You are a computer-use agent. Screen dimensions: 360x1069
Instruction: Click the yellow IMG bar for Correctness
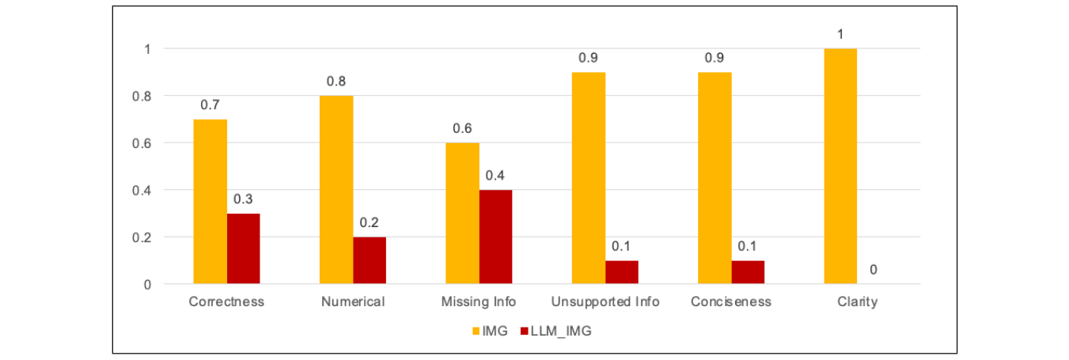point(210,201)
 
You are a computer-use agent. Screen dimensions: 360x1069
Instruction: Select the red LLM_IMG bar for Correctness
point(244,248)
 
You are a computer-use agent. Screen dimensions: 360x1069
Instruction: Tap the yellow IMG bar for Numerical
point(336,189)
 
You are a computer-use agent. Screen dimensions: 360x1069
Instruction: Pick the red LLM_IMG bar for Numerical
point(370,260)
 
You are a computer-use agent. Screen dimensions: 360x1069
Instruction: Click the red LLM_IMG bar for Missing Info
point(495,237)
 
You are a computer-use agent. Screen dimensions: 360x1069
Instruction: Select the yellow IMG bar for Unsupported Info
point(589,178)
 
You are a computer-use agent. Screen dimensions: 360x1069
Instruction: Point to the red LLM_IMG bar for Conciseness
point(748,272)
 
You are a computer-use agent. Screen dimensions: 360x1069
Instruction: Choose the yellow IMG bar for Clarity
point(840,166)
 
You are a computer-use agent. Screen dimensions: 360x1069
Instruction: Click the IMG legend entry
point(487,332)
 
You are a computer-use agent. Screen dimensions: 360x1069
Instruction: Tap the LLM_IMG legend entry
point(555,332)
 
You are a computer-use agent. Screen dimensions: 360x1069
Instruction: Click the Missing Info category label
point(479,302)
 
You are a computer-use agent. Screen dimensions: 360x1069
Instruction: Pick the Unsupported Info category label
point(605,302)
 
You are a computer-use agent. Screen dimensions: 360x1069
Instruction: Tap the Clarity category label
point(857,302)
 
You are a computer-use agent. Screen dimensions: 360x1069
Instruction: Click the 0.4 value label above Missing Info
point(495,176)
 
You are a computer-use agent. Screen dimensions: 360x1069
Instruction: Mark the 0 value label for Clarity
point(874,270)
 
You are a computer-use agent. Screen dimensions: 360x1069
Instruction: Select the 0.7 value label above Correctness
point(210,105)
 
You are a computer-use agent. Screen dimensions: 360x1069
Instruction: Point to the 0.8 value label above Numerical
point(336,81)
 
